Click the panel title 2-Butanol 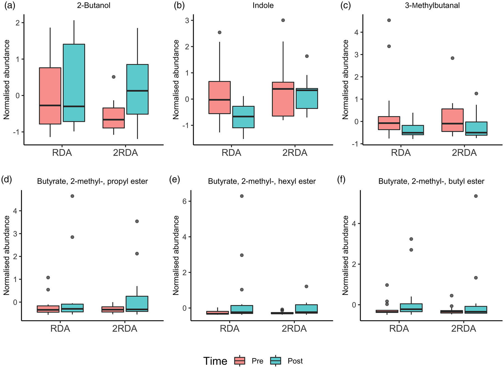click(94, 6)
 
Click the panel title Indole click(263, 6)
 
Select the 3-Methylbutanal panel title click(432, 6)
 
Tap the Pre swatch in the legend click(240, 361)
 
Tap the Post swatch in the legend click(276, 361)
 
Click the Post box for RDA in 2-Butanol click(74, 83)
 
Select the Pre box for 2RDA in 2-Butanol click(113, 118)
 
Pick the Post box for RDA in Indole click(243, 117)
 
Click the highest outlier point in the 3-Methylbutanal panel click(389, 20)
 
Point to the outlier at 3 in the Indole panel click(283, 20)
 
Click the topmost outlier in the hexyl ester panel click(242, 196)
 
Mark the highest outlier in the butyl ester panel click(475, 196)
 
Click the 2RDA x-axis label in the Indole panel click(295, 153)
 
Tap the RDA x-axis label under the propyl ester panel click(60, 329)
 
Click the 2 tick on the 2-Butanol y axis click(18, 23)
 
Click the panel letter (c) click(345, 6)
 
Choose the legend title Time click(215, 361)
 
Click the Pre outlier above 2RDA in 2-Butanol click(114, 77)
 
